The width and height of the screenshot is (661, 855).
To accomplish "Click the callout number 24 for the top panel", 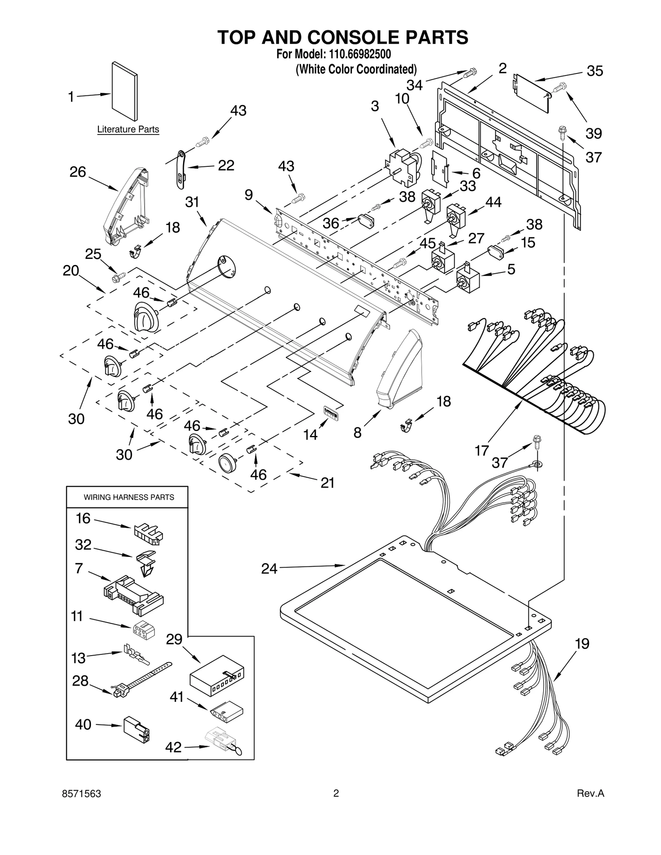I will pos(269,569).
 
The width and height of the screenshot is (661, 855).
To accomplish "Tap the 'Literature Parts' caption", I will pos(128,130).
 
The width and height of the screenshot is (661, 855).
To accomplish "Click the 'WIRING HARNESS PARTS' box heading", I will pos(129,497).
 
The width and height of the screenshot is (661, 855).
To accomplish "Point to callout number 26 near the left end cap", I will pos(77,172).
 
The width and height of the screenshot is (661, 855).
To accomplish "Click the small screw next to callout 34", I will pos(470,73).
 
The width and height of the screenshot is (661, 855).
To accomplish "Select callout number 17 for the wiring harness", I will pos(482,450).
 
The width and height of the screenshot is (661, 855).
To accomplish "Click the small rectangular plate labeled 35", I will pos(532,93).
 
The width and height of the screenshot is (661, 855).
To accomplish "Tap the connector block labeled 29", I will pos(216,677).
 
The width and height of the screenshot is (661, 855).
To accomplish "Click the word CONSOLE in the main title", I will pos(352,38).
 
